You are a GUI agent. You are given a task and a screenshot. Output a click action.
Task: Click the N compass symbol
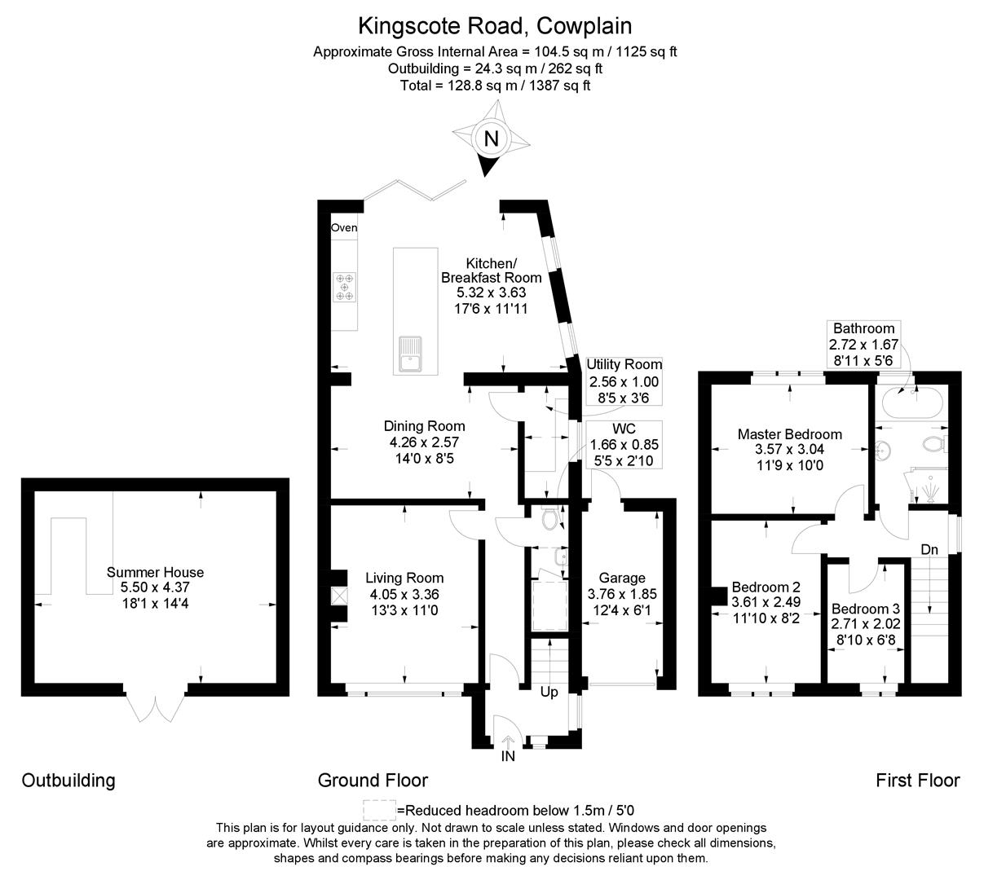coord(491,139)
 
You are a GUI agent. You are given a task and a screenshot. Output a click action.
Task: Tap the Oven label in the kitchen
coord(344,228)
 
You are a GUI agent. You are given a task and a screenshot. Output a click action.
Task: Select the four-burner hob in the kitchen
coord(344,287)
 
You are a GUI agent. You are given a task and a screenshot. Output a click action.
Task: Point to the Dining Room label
coord(424,426)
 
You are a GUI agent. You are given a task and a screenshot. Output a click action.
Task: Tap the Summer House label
coord(155,572)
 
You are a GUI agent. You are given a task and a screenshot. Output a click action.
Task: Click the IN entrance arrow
coord(508,743)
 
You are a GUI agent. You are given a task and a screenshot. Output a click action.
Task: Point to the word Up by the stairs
coord(549,693)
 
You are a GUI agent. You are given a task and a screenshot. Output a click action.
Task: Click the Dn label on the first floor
coord(929,549)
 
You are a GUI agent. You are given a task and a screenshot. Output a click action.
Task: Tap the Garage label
coord(622,578)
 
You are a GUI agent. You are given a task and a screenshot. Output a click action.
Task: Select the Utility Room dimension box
coord(624,381)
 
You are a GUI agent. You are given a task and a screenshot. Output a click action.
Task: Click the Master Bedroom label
coord(789,434)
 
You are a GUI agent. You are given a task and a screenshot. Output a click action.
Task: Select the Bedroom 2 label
coord(766,587)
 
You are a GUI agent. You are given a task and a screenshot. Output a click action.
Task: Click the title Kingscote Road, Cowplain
coord(495,27)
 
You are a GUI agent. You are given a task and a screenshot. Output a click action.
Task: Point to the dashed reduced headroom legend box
coord(379,810)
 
